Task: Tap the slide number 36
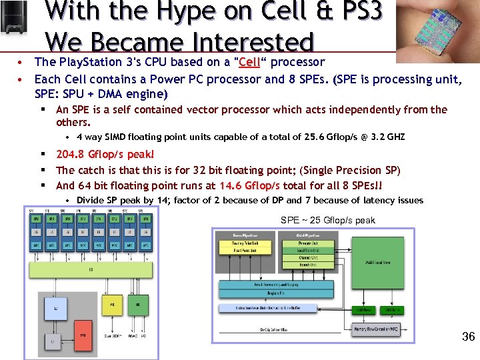click(468, 337)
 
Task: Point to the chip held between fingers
click(437, 30)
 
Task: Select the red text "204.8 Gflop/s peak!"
click(105, 154)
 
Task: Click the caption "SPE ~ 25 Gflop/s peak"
click(328, 220)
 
